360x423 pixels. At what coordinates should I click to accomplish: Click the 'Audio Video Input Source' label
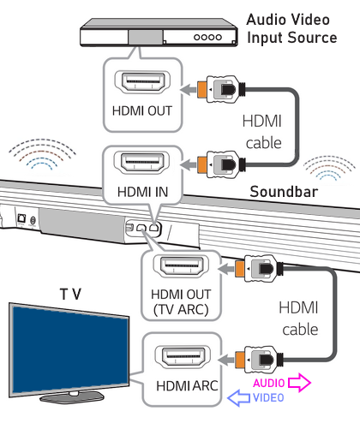click(291, 28)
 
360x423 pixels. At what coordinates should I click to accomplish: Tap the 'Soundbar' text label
click(284, 192)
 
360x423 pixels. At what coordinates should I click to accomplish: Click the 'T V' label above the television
click(70, 294)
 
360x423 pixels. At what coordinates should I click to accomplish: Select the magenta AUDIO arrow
click(299, 382)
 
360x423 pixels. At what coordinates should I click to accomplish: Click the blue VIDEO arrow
click(239, 397)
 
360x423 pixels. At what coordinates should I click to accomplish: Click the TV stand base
click(72, 397)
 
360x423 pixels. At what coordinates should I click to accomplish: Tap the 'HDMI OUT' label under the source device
click(142, 110)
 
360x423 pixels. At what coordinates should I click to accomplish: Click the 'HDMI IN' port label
click(142, 192)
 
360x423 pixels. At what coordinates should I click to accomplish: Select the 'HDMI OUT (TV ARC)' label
click(181, 302)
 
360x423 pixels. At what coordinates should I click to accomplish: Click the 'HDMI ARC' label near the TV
click(187, 386)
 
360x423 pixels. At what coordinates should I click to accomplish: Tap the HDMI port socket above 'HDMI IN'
click(141, 163)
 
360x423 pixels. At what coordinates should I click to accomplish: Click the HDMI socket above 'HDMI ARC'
click(183, 356)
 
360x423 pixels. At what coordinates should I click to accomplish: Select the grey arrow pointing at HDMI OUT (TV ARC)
click(226, 269)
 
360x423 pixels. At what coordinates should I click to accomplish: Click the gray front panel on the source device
click(146, 38)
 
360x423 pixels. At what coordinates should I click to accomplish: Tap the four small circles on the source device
click(207, 37)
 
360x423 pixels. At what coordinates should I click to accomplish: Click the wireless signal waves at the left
click(42, 154)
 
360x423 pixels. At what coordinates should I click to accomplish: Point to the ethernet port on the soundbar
click(21, 218)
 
